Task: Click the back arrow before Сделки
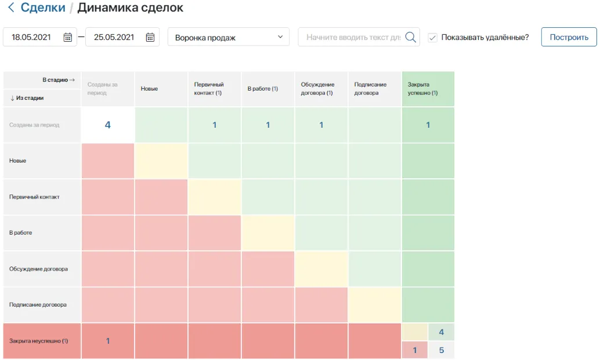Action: click(x=10, y=8)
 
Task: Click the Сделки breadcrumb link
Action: click(x=42, y=8)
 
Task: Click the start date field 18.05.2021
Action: click(x=31, y=37)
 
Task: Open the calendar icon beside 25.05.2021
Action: click(x=150, y=37)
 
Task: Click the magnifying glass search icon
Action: click(x=411, y=37)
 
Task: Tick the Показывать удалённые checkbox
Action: click(x=432, y=37)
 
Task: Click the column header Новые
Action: click(x=149, y=89)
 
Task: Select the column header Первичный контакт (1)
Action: click(x=208, y=89)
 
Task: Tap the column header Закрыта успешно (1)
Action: click(x=422, y=89)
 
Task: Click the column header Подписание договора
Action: click(x=370, y=89)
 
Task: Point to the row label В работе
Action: click(x=21, y=233)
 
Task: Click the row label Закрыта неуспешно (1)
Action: click(x=38, y=341)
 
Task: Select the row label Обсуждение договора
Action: click(x=38, y=269)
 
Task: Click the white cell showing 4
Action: click(x=107, y=125)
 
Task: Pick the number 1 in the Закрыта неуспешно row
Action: click(x=107, y=341)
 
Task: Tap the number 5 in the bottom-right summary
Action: click(x=442, y=350)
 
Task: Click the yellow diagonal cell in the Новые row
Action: click(x=161, y=161)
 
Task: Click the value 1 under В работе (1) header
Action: click(x=267, y=125)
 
